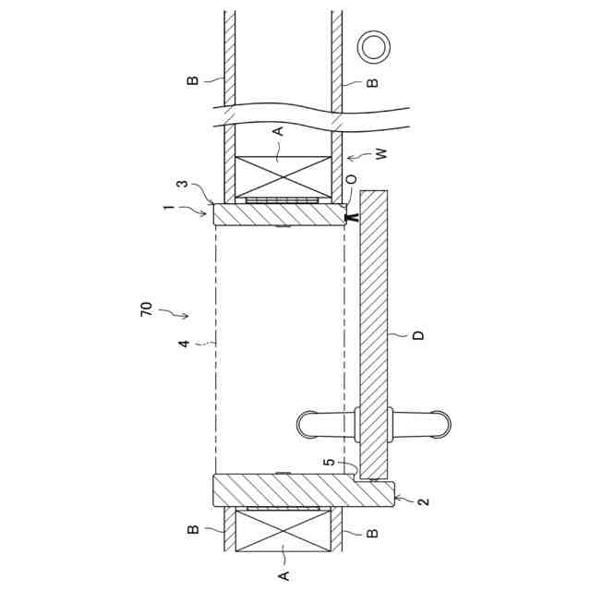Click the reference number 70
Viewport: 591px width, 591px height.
147,309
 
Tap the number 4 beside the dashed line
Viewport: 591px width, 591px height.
184,344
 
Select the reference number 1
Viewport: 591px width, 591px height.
168,207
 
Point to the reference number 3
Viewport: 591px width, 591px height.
183,184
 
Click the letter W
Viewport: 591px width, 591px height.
381,154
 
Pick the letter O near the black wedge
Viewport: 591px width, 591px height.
351,179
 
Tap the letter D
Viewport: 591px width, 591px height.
418,335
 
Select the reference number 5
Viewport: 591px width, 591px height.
329,462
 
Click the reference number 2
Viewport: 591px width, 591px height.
424,501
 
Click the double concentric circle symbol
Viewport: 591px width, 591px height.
374,47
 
